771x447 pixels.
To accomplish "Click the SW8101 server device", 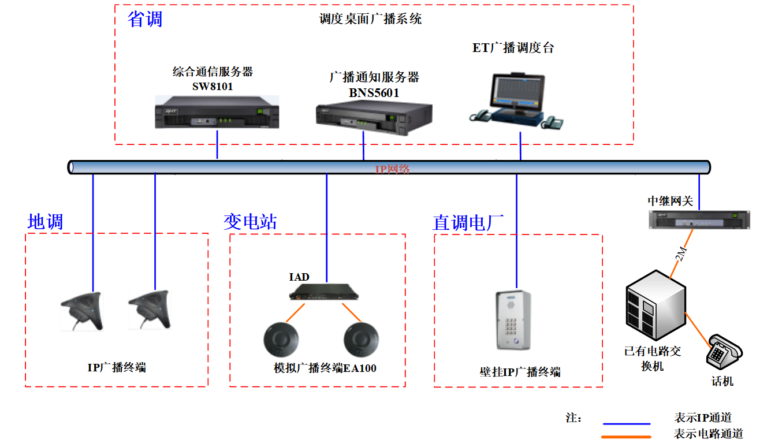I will [x=217, y=113].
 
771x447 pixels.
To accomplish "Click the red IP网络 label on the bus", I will [x=393, y=169].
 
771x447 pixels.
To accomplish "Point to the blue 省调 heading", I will [x=145, y=19].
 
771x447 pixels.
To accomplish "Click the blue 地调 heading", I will [x=45, y=222].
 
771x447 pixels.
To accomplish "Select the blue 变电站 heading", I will [x=250, y=222].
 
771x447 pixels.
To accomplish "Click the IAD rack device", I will [x=324, y=292].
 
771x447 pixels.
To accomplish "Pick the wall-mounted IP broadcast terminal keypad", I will [x=514, y=321].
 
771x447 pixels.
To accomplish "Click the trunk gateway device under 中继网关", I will [x=698, y=219].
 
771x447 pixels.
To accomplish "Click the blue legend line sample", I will [x=626, y=423].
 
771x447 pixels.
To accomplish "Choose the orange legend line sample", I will [x=626, y=437].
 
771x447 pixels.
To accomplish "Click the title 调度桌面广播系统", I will [x=370, y=19].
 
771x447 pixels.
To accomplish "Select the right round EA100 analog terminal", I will [x=361, y=341].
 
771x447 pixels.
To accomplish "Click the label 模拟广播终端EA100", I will [x=325, y=368].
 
